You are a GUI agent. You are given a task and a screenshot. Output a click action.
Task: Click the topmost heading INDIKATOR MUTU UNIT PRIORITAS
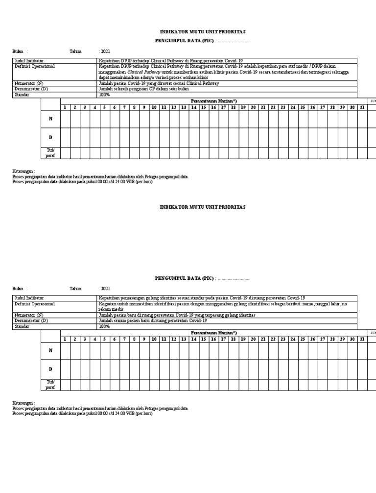click(x=203, y=31)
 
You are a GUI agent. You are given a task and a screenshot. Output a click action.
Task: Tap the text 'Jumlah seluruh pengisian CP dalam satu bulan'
click(x=144, y=89)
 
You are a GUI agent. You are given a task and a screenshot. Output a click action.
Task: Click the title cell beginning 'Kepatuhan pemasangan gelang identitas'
click(x=202, y=298)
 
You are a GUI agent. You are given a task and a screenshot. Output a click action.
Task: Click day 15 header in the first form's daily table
click(x=204, y=107)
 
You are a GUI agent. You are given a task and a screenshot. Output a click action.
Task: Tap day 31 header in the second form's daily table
click(x=362, y=339)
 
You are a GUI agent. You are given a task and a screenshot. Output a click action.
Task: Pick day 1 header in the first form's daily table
click(x=65, y=107)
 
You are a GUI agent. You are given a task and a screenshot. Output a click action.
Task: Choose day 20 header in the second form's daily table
click(x=253, y=339)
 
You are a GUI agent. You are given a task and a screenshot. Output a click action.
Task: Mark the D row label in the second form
click(x=50, y=369)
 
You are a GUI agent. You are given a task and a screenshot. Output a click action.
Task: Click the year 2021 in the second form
click(x=105, y=289)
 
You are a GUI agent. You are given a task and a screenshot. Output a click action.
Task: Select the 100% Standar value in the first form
click(x=104, y=95)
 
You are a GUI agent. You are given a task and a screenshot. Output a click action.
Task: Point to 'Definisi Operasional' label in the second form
click(x=34, y=304)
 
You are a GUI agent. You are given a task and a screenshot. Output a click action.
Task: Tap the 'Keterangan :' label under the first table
click(x=24, y=172)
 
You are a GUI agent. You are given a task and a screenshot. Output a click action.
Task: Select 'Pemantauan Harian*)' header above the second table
click(x=213, y=333)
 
